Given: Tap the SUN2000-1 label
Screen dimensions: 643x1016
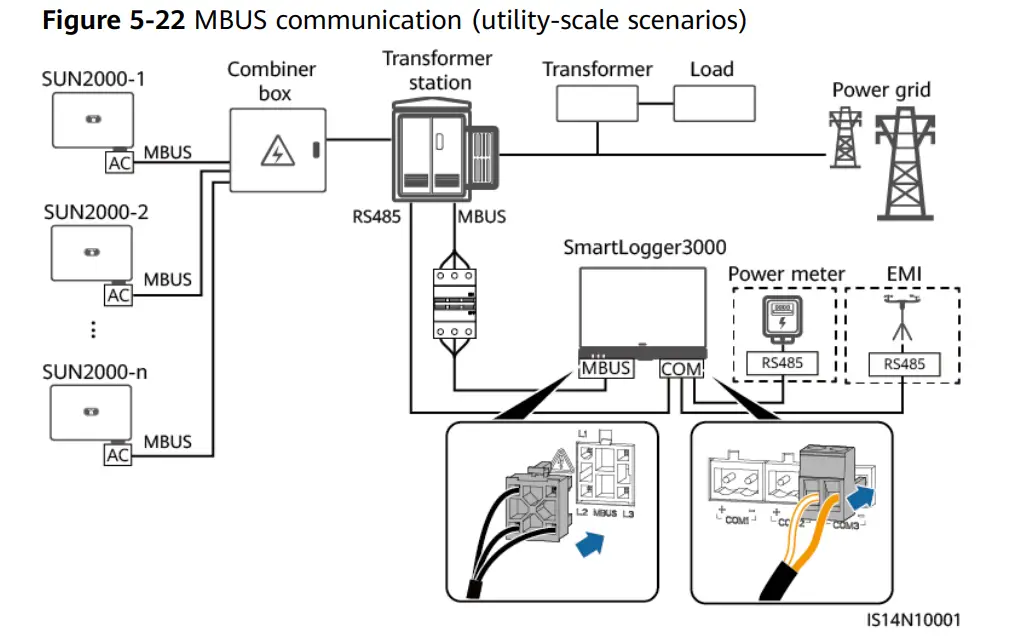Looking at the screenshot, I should pyautogui.click(x=91, y=77).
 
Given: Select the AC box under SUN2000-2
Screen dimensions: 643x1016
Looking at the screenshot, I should pyautogui.click(x=119, y=295).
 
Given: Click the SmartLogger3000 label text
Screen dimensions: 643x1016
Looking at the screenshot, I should pyautogui.click(x=644, y=247).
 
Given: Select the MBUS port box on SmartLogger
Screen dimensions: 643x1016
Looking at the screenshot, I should pyautogui.click(x=606, y=368).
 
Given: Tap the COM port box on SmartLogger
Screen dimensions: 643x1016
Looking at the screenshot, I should pyautogui.click(x=682, y=369).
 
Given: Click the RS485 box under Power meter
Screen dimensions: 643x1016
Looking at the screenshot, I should pyautogui.click(x=782, y=364).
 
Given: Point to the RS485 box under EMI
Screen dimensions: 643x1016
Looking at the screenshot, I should pyautogui.click(x=904, y=364).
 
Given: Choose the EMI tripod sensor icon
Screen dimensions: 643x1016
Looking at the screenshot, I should pyautogui.click(x=903, y=320).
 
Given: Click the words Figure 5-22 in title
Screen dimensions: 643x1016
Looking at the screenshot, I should pyautogui.click(x=113, y=21).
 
